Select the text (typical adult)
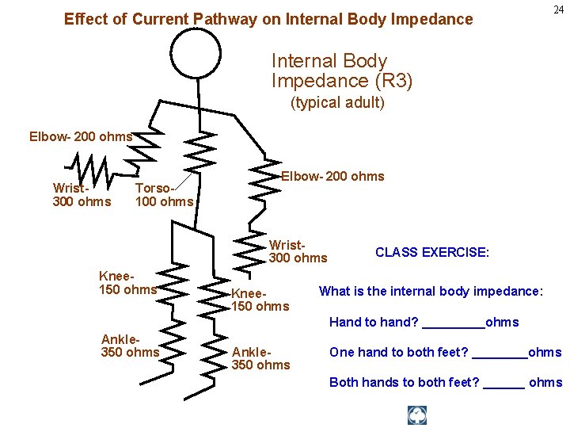337,102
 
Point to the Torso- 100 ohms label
164,195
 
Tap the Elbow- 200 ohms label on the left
81,136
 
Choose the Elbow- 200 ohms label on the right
332,176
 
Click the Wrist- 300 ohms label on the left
82,195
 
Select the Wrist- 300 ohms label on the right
298,251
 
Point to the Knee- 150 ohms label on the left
127,282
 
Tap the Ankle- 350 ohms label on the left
131,345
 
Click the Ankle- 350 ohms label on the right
260,358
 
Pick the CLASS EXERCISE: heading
432,252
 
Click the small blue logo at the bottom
417,415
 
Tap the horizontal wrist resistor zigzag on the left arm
91,168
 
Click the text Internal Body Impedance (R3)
342,71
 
